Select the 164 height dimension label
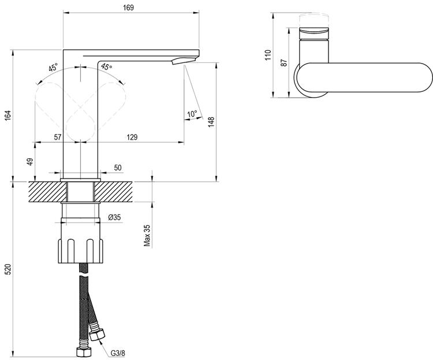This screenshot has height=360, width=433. tap(7, 116)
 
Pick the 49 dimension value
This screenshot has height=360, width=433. tap(30, 161)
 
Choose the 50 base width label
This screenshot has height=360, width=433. tap(118, 168)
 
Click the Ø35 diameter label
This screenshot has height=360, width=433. tap(114, 217)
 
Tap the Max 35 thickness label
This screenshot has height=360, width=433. tap(147, 235)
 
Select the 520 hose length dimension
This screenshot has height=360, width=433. tap(7, 269)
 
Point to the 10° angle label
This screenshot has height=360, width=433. tap(192, 114)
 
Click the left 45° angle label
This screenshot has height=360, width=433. tap(53, 68)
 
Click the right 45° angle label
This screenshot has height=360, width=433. tap(107, 67)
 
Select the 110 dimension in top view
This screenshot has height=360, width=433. tap(268, 55)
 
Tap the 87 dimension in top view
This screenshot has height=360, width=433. tap(284, 62)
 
